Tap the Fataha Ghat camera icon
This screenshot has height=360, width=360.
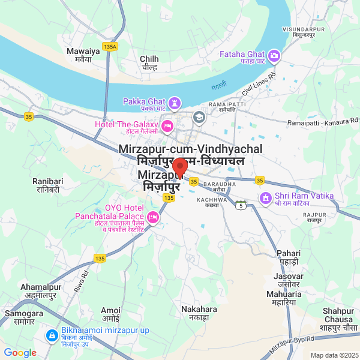(275, 56)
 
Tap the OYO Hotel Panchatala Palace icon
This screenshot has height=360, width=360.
(154, 217)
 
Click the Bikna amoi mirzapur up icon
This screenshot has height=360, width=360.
(52, 334)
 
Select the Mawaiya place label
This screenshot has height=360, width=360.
(79, 55)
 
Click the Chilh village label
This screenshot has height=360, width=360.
(149, 63)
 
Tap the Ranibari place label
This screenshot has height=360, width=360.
(47, 184)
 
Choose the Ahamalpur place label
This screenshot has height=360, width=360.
(41, 291)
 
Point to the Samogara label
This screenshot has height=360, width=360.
(24, 317)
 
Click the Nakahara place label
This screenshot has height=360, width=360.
(199, 313)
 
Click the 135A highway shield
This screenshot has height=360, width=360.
(110, 46)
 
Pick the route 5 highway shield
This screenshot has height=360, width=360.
(241, 206)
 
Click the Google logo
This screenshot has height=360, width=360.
(20, 353)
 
